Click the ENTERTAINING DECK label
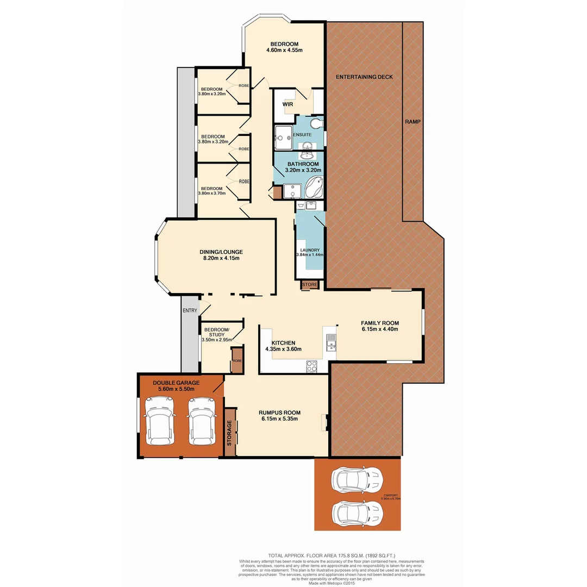tap(364, 77)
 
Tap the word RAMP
tap(413, 122)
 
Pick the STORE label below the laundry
tap(310, 284)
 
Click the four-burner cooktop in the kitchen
tap(313, 367)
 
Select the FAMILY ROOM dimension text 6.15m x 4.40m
tap(380, 329)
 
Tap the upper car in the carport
tap(357, 479)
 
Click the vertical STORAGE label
tap(229, 433)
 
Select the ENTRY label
tap(190, 310)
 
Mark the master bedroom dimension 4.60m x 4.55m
tap(284, 50)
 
